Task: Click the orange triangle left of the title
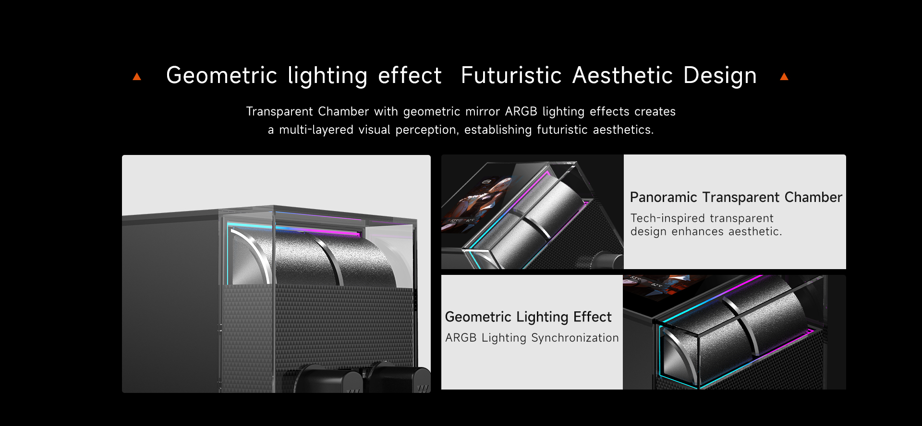(x=137, y=77)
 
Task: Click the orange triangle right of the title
(x=784, y=77)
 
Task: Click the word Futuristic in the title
(x=511, y=76)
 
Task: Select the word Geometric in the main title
(x=221, y=76)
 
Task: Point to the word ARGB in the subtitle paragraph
(x=521, y=111)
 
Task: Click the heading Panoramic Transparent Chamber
(x=736, y=197)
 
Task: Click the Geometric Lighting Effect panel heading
(x=528, y=317)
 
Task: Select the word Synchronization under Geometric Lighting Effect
(x=575, y=338)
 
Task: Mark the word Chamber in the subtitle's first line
(x=343, y=111)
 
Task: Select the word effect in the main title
(x=410, y=76)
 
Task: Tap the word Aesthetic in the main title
(x=622, y=76)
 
